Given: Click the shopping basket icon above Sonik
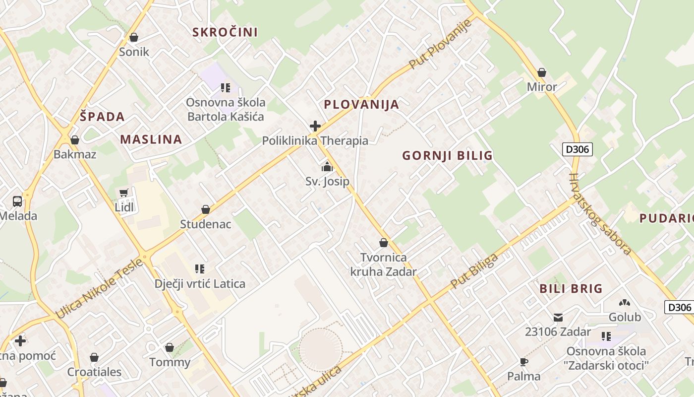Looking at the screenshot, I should pyautogui.click(x=133, y=37).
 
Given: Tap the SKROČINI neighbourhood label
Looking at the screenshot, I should pyautogui.click(x=225, y=32).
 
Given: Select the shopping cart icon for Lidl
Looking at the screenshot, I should pyautogui.click(x=124, y=193).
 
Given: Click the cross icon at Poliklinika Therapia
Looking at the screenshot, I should pyautogui.click(x=315, y=126).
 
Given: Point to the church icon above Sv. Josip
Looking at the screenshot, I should pyautogui.click(x=327, y=167).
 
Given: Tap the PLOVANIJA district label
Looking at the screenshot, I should pyautogui.click(x=361, y=104).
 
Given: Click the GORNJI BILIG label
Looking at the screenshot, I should pyautogui.click(x=447, y=156).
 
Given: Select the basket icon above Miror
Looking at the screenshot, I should pyautogui.click(x=542, y=72).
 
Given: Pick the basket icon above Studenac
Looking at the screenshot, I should pyautogui.click(x=205, y=209).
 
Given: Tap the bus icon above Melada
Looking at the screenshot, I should pyautogui.click(x=17, y=201).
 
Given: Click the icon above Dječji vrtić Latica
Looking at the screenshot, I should pyautogui.click(x=200, y=269).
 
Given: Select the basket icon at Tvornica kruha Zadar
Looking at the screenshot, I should pyautogui.click(x=383, y=243).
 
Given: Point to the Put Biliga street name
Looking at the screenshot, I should pyautogui.click(x=474, y=271).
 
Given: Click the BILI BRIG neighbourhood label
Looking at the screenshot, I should pyautogui.click(x=571, y=288).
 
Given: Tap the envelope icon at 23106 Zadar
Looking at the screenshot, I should pyautogui.click(x=558, y=317).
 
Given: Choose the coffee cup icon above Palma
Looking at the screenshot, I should pyautogui.click(x=524, y=362).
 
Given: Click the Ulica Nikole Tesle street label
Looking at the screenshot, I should pyautogui.click(x=99, y=288).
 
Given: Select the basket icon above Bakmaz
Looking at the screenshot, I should pyautogui.click(x=75, y=140).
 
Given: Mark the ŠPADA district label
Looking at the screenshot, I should pyautogui.click(x=102, y=117).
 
